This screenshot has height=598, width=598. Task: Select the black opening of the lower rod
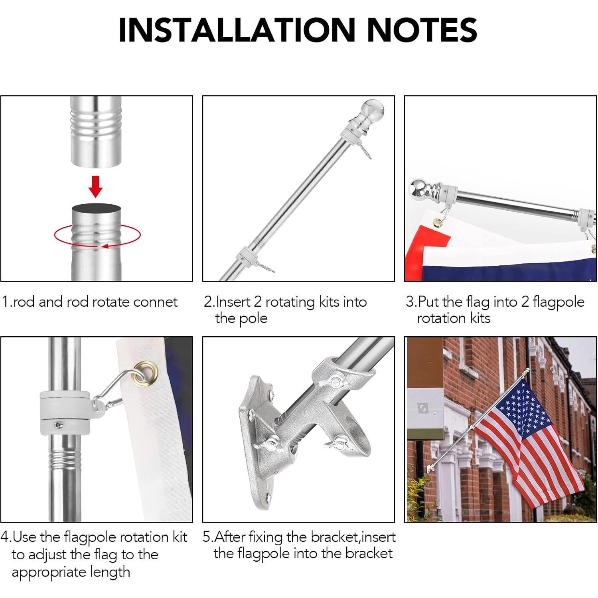(x=96, y=208)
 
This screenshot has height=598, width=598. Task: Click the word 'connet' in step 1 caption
(x=156, y=302)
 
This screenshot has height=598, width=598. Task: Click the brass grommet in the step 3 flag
(x=438, y=222)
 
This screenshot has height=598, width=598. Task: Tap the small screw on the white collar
(x=58, y=425)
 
